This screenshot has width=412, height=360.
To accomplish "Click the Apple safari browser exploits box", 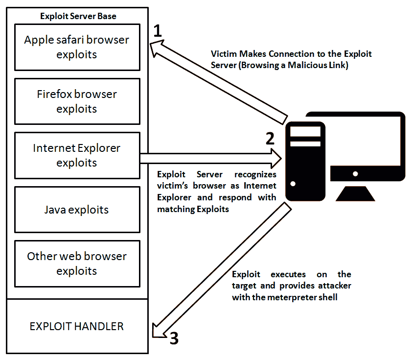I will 77,47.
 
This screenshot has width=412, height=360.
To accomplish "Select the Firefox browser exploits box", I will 77,101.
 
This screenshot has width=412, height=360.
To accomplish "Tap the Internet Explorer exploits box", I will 77,155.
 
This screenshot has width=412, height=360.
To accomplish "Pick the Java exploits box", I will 77,210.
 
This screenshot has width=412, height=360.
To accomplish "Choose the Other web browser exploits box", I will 77,263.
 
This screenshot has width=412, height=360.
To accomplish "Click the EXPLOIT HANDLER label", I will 77,326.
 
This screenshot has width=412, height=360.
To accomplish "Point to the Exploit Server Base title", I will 78,16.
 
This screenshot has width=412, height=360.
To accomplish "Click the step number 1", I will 157,31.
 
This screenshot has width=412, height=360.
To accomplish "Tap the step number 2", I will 270,138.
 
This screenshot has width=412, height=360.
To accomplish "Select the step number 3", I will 175,337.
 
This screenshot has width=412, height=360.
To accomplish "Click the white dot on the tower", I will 293,184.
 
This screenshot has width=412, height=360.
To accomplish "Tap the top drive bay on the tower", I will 305,131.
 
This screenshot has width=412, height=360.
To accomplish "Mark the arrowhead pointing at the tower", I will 275,158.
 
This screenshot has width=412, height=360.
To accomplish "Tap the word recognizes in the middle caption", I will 256,174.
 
